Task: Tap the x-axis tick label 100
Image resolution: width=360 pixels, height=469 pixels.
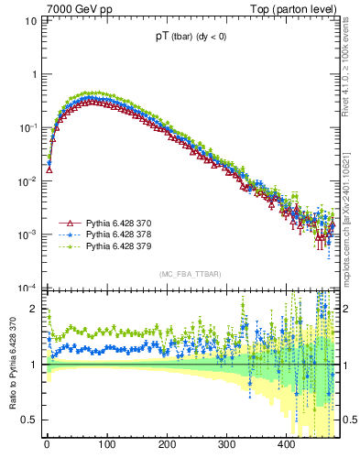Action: [106, 444]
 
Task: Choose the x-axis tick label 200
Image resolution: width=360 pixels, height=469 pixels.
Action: [167, 444]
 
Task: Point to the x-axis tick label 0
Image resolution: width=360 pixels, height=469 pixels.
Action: [47, 444]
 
